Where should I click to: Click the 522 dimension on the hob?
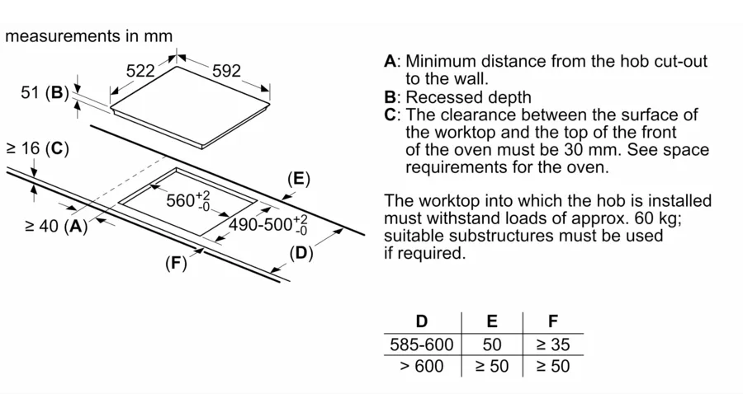(x=140, y=72)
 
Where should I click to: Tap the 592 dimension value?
(x=227, y=72)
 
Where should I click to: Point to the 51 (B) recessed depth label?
(x=45, y=93)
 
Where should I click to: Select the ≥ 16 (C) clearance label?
(x=37, y=149)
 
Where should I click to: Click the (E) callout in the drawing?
(x=298, y=179)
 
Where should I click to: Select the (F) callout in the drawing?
(x=176, y=264)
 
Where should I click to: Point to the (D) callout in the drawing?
(x=302, y=253)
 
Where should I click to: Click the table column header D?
(x=421, y=321)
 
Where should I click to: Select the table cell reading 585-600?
(x=420, y=344)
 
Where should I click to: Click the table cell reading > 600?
(x=421, y=366)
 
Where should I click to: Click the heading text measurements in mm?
(x=89, y=36)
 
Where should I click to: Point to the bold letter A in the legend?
(x=390, y=62)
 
